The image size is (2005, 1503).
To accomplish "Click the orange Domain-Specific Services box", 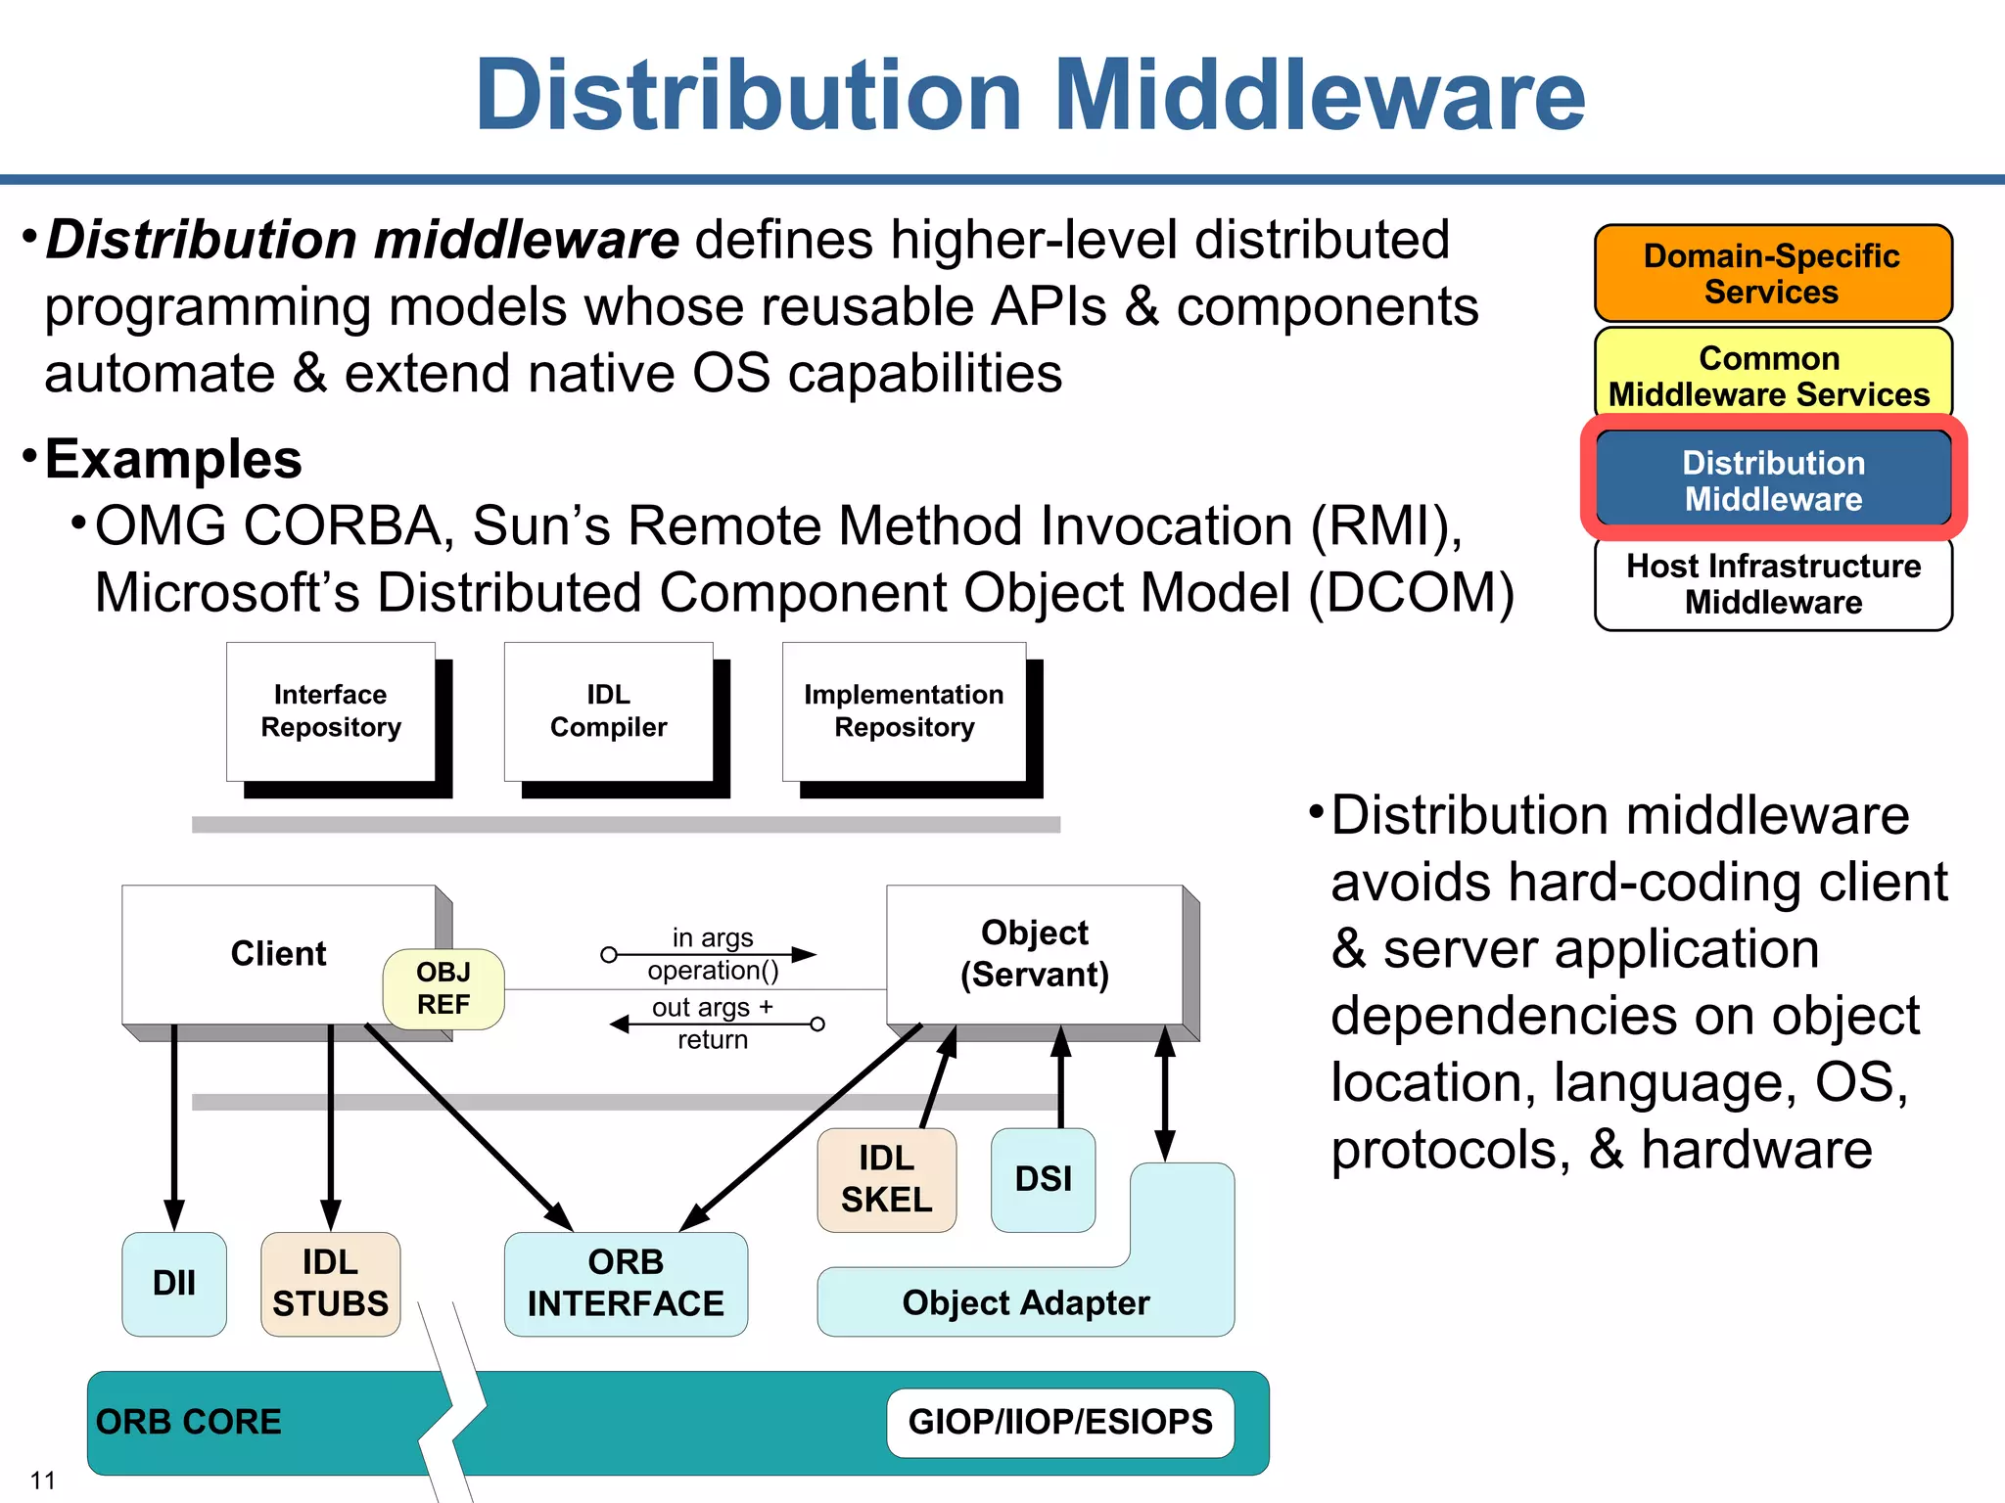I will [1772, 273].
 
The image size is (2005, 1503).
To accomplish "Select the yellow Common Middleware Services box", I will [1772, 376].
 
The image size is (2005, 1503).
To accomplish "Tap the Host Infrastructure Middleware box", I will [1772, 584].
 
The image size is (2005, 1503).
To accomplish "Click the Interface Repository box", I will [331, 711].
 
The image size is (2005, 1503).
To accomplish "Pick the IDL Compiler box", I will [608, 711].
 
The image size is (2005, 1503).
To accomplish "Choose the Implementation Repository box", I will [904, 711].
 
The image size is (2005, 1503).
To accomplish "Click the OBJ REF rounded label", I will [443, 988].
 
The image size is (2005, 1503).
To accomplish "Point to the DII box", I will [174, 1283].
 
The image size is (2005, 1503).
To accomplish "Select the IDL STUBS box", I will [330, 1283].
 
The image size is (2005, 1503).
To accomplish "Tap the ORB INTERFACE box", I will [626, 1283].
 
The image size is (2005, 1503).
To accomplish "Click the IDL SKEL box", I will [886, 1179].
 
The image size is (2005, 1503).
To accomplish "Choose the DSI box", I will [1043, 1179].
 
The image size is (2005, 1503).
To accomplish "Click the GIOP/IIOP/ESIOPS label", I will [1060, 1422].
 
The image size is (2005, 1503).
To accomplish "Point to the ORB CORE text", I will [189, 1422].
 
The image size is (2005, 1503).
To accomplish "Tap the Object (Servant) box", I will [1034, 954].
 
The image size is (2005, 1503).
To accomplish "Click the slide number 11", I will [43, 1480].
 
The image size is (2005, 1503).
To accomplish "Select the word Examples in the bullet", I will [173, 460].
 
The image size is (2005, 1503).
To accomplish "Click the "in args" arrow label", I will [713, 937].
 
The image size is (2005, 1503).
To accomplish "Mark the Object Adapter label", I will [1025, 1303].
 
